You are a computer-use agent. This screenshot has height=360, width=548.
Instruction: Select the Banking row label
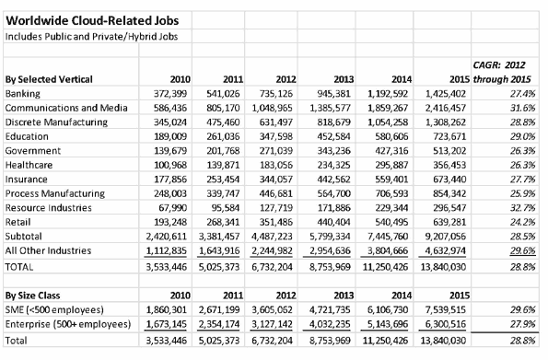point(23,95)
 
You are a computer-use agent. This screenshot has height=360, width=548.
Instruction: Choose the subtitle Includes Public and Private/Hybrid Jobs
point(82,36)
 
